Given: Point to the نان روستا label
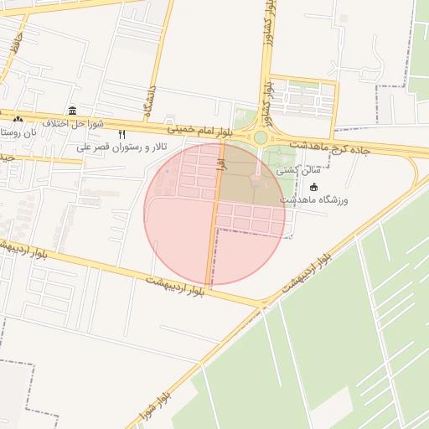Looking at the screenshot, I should point(18,132).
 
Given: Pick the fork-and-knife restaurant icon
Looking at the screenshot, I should point(122,135).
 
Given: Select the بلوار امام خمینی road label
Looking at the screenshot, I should point(199,131).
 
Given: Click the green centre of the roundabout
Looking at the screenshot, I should point(261,137).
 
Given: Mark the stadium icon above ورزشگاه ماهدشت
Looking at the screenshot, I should point(313,187).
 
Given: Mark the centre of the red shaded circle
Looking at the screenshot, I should point(215,214).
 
